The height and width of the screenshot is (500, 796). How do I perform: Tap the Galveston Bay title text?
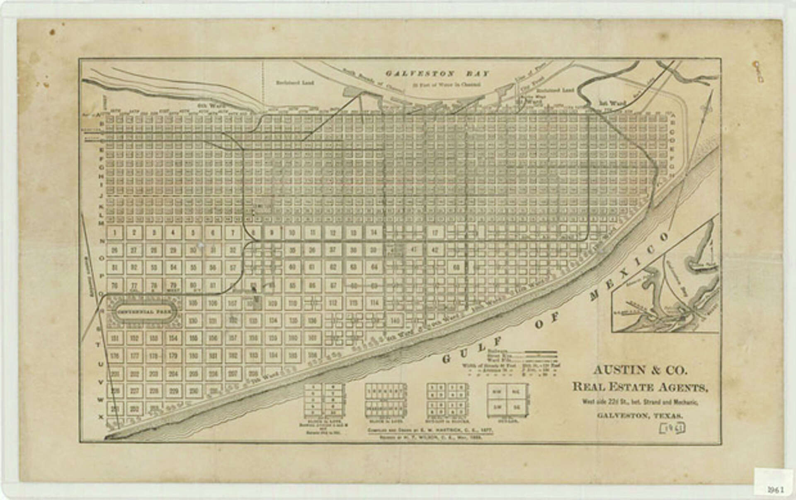(437, 74)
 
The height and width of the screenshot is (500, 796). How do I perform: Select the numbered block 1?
(115, 232)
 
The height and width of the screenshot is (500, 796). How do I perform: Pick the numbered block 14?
(374, 232)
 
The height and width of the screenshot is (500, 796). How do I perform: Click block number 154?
(173, 338)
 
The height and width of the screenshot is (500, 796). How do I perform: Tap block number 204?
(173, 374)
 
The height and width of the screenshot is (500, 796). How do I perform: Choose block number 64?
(374, 267)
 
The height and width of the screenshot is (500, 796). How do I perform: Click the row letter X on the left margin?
(101, 417)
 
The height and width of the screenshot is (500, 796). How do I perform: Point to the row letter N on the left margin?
(101, 241)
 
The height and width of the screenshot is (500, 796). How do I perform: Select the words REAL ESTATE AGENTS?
(640, 387)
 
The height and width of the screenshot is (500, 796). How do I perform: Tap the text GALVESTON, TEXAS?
(640, 415)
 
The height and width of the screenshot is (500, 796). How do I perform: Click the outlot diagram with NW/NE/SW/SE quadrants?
(508, 400)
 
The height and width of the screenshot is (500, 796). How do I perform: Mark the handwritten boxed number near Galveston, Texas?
(675, 427)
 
